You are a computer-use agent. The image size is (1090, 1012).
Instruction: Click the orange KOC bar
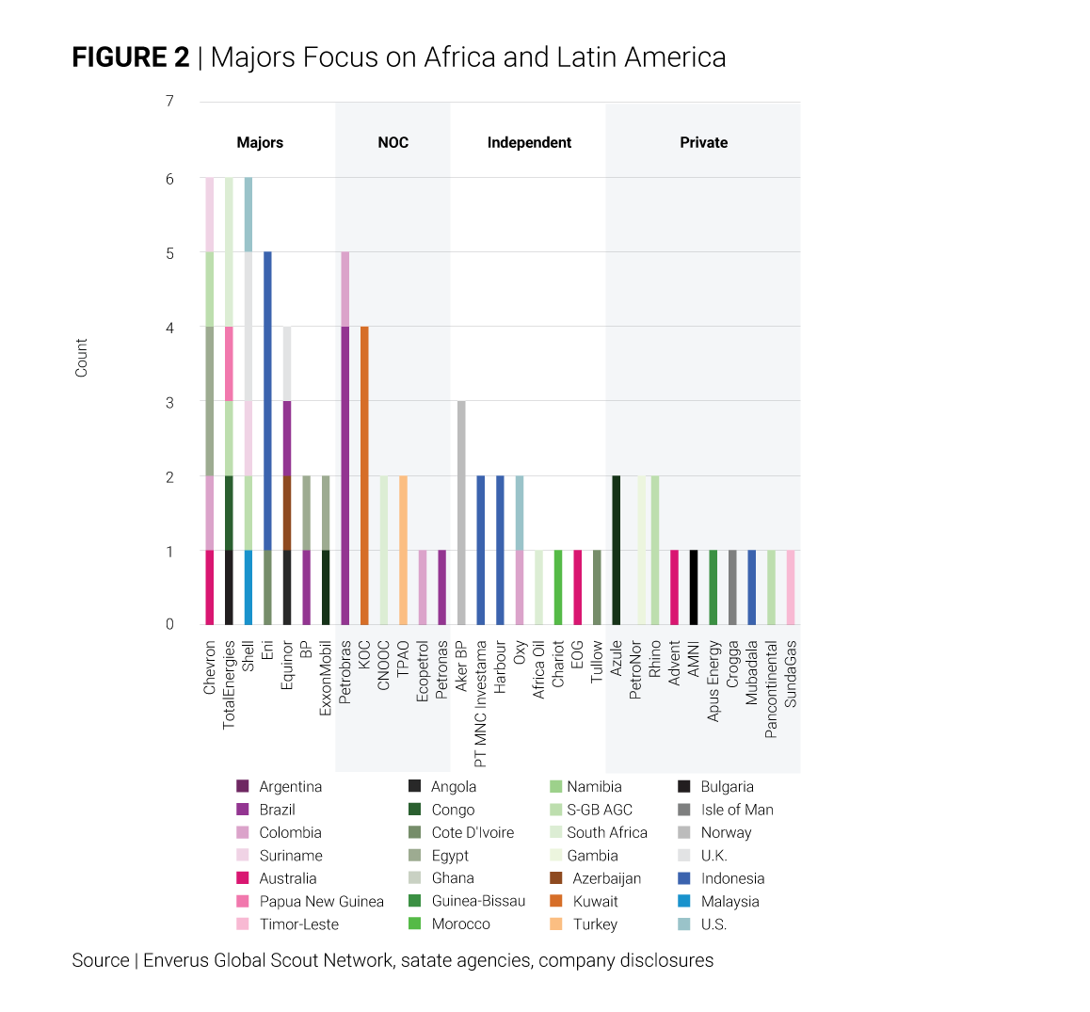tap(364, 475)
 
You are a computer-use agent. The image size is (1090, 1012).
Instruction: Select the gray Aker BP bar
tap(461, 513)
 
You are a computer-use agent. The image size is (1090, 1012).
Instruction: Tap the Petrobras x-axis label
tap(345, 672)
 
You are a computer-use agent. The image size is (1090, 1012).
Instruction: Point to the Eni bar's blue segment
tap(267, 400)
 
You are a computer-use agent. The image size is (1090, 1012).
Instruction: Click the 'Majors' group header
tap(260, 142)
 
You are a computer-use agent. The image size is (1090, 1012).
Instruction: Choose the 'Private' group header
tap(703, 142)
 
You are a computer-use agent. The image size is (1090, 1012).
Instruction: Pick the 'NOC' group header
tap(393, 142)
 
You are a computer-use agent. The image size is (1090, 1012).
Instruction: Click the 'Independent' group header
tap(529, 142)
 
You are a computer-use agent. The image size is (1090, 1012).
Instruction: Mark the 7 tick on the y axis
tap(169, 101)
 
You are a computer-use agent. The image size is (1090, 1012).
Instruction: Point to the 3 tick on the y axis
tap(169, 402)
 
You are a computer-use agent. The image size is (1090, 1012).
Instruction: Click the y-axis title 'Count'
tap(81, 358)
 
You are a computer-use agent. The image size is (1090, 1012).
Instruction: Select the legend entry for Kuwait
tap(595, 901)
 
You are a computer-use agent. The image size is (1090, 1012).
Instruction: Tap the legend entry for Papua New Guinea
tap(321, 901)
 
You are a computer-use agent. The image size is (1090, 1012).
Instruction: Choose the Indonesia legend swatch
tap(684, 878)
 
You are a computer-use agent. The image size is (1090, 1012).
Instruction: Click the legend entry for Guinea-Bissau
tap(478, 901)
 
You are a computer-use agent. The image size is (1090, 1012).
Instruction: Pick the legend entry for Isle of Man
tap(736, 810)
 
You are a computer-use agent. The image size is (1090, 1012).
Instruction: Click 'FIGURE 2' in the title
tap(131, 57)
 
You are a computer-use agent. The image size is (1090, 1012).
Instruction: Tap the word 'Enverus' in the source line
tap(176, 960)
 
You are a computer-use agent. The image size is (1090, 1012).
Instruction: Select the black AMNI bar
tap(694, 587)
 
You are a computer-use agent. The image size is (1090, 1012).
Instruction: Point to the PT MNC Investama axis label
tap(481, 704)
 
